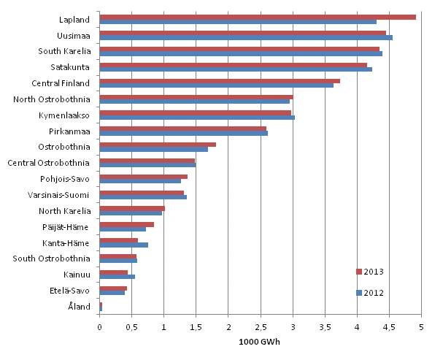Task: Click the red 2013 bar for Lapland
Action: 257,17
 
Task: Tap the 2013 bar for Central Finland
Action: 219,81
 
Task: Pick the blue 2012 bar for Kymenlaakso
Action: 196,117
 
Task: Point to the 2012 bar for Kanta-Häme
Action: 123,245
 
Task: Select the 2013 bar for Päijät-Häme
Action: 126,224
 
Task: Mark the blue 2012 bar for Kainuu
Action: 117,277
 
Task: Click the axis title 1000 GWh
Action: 260,341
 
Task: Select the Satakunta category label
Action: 71,66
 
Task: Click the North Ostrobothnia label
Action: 51,99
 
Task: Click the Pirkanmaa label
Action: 70,131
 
